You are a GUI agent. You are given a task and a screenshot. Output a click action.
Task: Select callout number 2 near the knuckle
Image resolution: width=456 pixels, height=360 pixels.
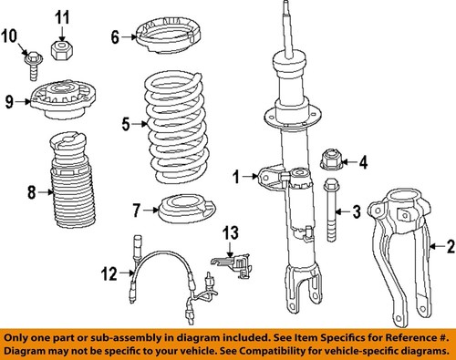447,245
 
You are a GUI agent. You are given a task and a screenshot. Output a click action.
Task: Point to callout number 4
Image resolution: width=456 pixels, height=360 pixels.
362,163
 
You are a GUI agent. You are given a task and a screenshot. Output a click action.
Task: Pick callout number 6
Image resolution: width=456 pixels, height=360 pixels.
115,37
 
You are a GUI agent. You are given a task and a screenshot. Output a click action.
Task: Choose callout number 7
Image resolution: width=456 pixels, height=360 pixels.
136,210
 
